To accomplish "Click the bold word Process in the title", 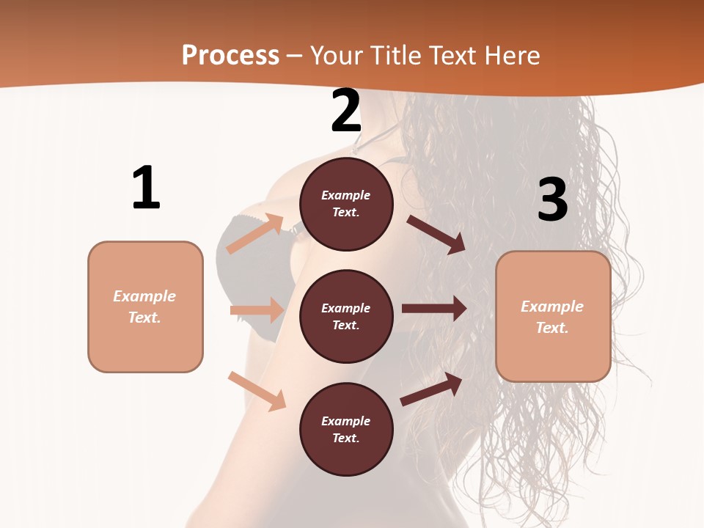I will click(x=230, y=56).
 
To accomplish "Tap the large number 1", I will click(x=146, y=188).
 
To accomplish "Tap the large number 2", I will click(x=346, y=111).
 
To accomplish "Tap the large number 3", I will click(x=552, y=199).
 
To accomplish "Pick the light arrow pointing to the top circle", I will click(x=255, y=234).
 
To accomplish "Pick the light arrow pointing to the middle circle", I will click(x=257, y=310).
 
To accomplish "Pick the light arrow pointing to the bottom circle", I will click(x=257, y=390).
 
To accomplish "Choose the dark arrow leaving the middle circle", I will click(x=434, y=309).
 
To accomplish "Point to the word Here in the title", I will click(x=511, y=56).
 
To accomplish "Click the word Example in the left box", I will click(x=144, y=296).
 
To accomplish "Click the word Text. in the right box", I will click(x=552, y=328).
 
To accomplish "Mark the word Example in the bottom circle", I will click(x=346, y=421).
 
